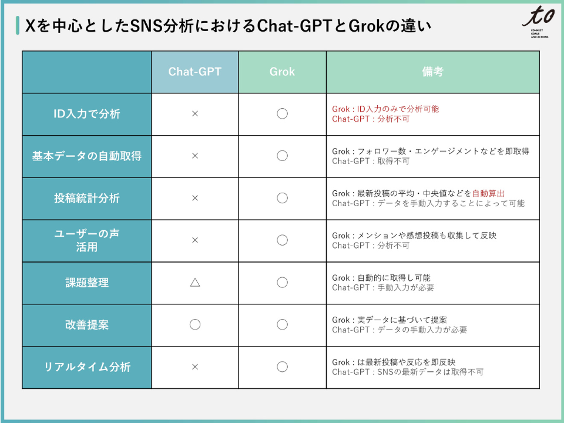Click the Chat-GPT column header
(194, 72)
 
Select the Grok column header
(282, 72)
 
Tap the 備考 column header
(432, 72)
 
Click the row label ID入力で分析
(87, 113)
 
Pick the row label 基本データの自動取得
(87, 156)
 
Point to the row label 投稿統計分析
(87, 198)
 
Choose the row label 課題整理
(87, 283)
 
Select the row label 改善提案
(87, 324)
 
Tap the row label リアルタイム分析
(87, 367)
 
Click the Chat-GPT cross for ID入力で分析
(195, 113)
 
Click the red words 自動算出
(488, 193)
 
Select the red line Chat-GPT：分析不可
(371, 119)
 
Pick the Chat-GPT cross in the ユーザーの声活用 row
(195, 240)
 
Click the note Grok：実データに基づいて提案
(389, 320)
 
